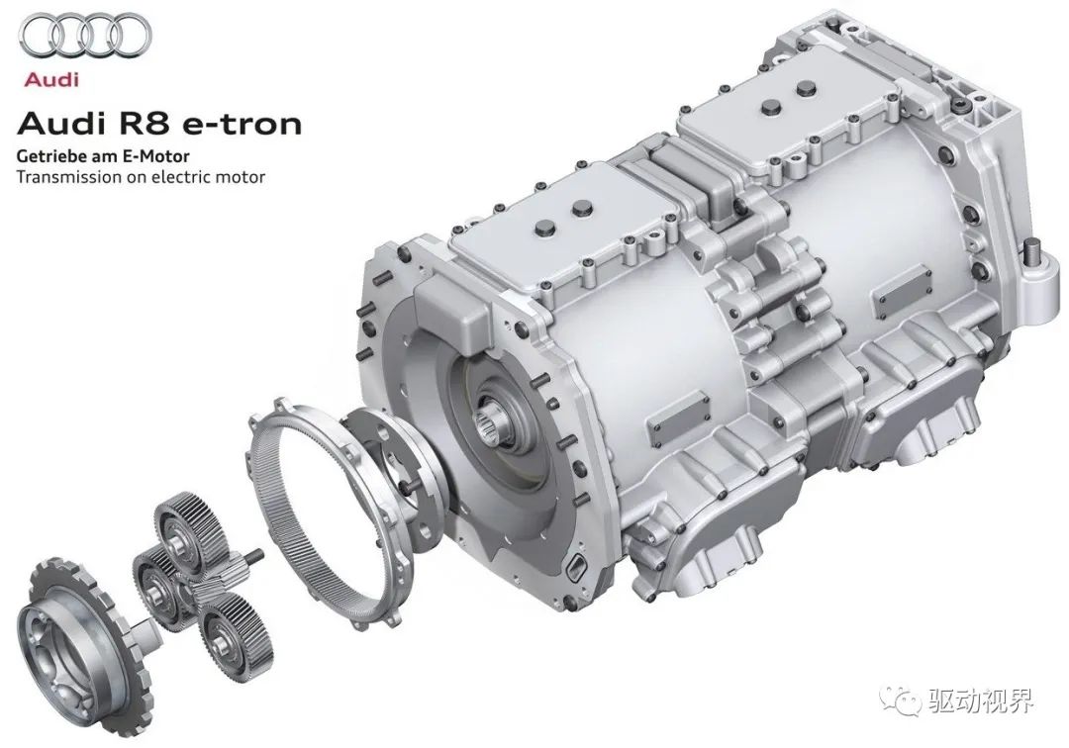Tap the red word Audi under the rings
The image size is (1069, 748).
click(x=51, y=80)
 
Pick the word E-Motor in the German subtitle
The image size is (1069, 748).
click(x=156, y=156)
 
